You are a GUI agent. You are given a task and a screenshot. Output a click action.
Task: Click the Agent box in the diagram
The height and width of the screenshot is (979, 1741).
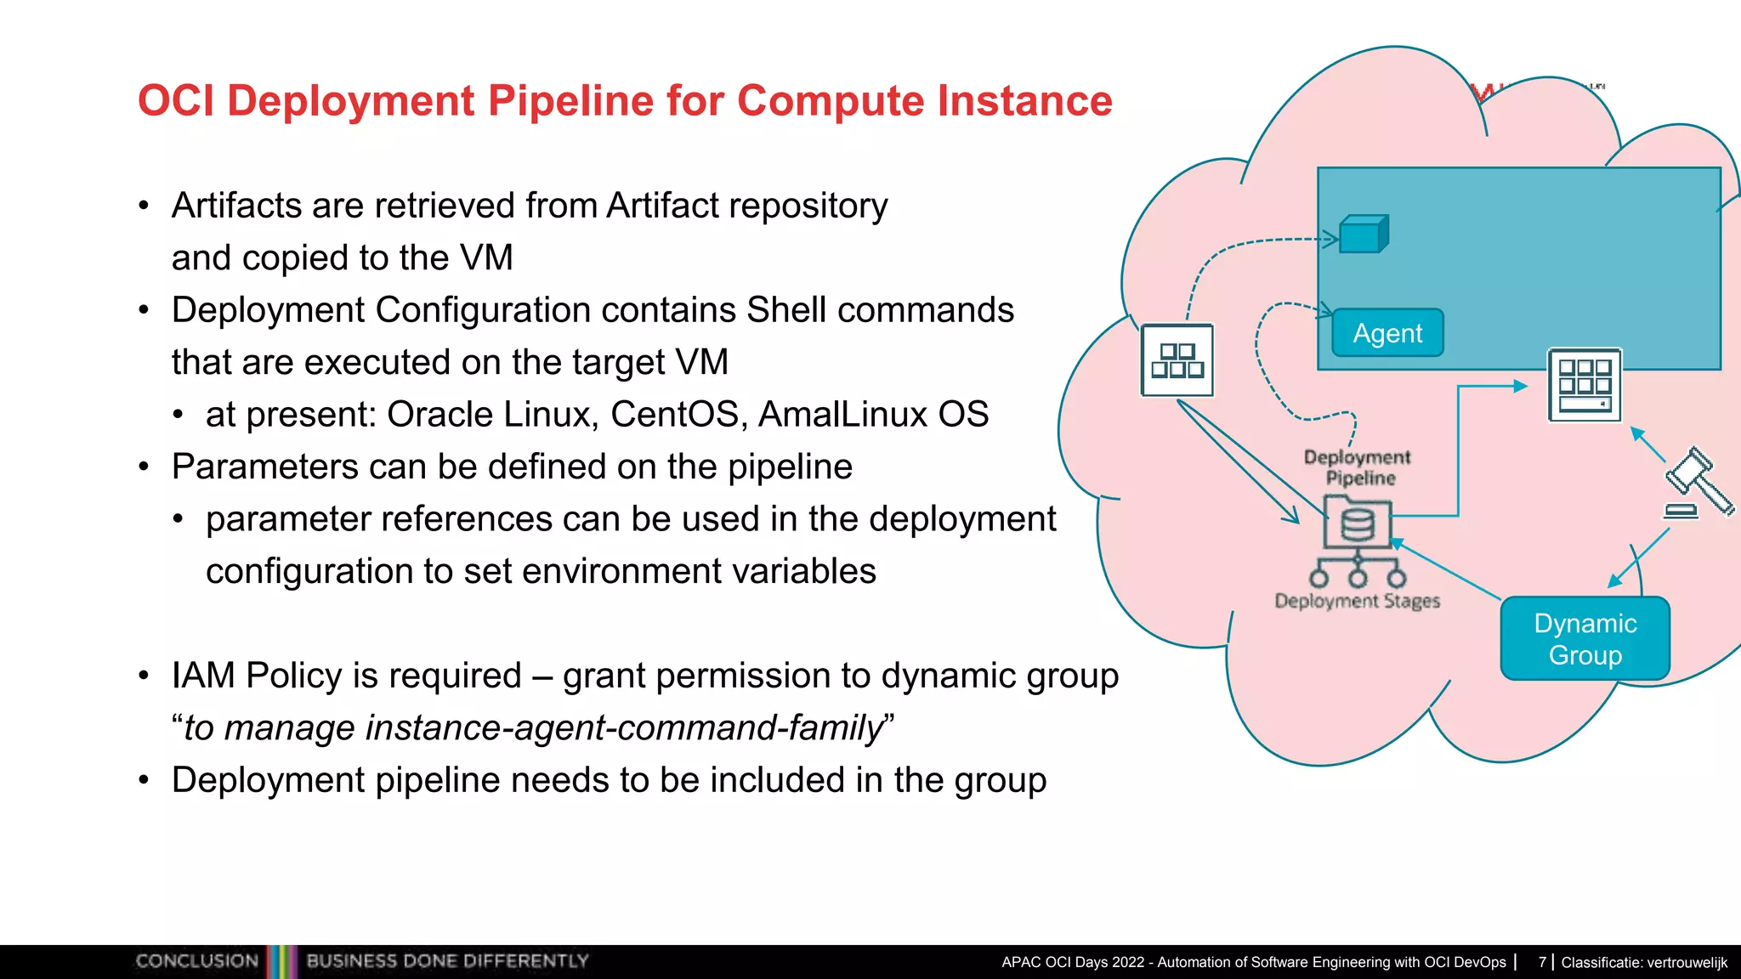click(x=1387, y=333)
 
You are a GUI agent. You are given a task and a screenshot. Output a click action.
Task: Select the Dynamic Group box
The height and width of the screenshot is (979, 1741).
click(x=1585, y=639)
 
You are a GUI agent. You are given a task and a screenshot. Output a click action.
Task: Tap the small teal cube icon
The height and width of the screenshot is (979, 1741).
click(x=1363, y=235)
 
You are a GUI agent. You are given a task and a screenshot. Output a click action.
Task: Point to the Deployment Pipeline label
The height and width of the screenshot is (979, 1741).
click(x=1358, y=467)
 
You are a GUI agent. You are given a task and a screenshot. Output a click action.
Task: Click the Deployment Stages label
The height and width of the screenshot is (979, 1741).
click(x=1357, y=601)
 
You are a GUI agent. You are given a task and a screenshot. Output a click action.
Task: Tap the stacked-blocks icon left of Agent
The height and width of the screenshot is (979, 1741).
click(x=1177, y=361)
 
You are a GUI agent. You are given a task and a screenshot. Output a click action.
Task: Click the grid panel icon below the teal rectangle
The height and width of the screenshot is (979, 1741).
click(x=1584, y=386)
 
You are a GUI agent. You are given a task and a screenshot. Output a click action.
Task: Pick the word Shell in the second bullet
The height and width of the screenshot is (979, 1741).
click(x=786, y=310)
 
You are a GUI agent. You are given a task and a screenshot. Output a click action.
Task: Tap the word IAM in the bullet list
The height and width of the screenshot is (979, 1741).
click(x=203, y=676)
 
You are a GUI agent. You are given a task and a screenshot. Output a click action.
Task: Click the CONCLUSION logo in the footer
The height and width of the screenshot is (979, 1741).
click(x=197, y=961)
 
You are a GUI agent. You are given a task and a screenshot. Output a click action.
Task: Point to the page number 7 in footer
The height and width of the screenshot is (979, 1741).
click(x=1542, y=962)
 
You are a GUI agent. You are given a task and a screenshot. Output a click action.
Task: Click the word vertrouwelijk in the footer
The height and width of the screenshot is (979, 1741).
click(x=1687, y=963)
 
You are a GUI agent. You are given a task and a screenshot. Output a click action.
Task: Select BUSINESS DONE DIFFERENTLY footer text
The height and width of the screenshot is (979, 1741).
click(x=447, y=961)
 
